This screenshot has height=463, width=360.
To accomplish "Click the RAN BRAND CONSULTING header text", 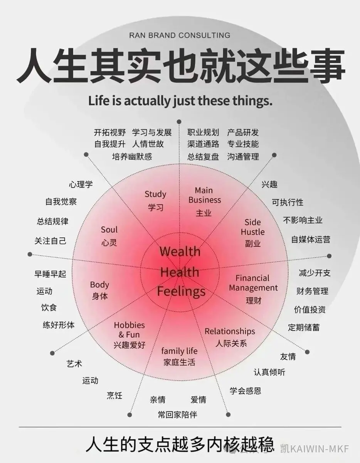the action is coord(180,35).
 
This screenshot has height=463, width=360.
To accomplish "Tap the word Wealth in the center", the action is coord(180,252).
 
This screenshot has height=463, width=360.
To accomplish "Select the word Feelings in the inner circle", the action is coord(181,291).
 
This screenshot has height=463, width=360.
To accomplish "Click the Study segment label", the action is coord(156,201).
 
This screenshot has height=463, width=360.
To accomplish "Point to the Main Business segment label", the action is coord(204,202).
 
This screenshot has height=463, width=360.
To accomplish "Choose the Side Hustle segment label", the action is coord(253,233).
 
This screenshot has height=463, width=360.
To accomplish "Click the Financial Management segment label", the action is coord(253,289).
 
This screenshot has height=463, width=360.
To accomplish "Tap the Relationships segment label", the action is coord(230,337).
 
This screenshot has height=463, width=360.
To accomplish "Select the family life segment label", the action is coord(179,357).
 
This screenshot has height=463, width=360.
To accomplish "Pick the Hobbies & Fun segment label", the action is coord(130,335).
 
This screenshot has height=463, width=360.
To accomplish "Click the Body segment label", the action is coord(99,290).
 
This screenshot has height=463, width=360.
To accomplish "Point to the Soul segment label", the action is coord(109,236).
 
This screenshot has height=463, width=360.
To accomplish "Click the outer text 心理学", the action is coord(81,184).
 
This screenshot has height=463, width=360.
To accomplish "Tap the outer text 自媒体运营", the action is coord(311,240).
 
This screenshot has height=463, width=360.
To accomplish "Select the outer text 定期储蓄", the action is coord(304,327).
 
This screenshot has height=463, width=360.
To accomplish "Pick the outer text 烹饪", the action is coord(115,395).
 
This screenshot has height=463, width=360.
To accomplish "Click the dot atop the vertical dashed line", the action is coord(179,122).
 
